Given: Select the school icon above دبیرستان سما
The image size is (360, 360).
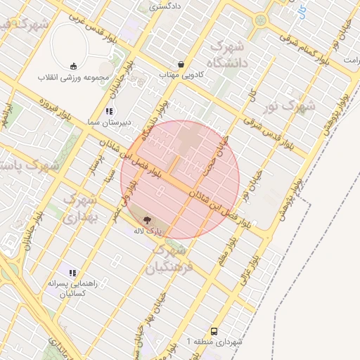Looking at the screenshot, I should (109, 111).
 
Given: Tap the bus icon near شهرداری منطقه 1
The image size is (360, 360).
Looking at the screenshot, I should (214, 331).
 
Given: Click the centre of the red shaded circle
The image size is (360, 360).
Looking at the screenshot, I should (180, 179).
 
